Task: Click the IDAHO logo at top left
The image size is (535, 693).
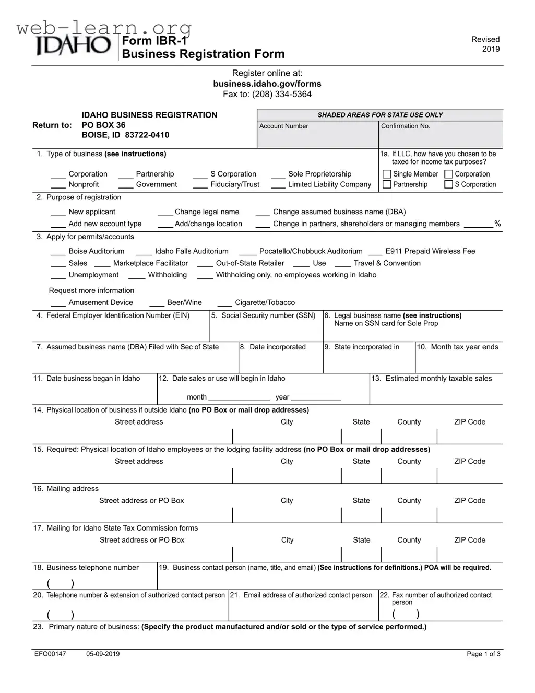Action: coord(74,46)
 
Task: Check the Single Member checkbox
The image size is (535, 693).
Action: coord(387,174)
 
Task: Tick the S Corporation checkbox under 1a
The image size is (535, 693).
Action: coord(448,184)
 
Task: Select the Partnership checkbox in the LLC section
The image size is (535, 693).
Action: coord(387,184)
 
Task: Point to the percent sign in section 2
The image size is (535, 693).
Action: coord(497,224)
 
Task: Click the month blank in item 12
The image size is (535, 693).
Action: coord(239,398)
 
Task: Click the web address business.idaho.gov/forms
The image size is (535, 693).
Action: coord(267,84)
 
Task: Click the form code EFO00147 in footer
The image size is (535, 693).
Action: coord(50,654)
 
